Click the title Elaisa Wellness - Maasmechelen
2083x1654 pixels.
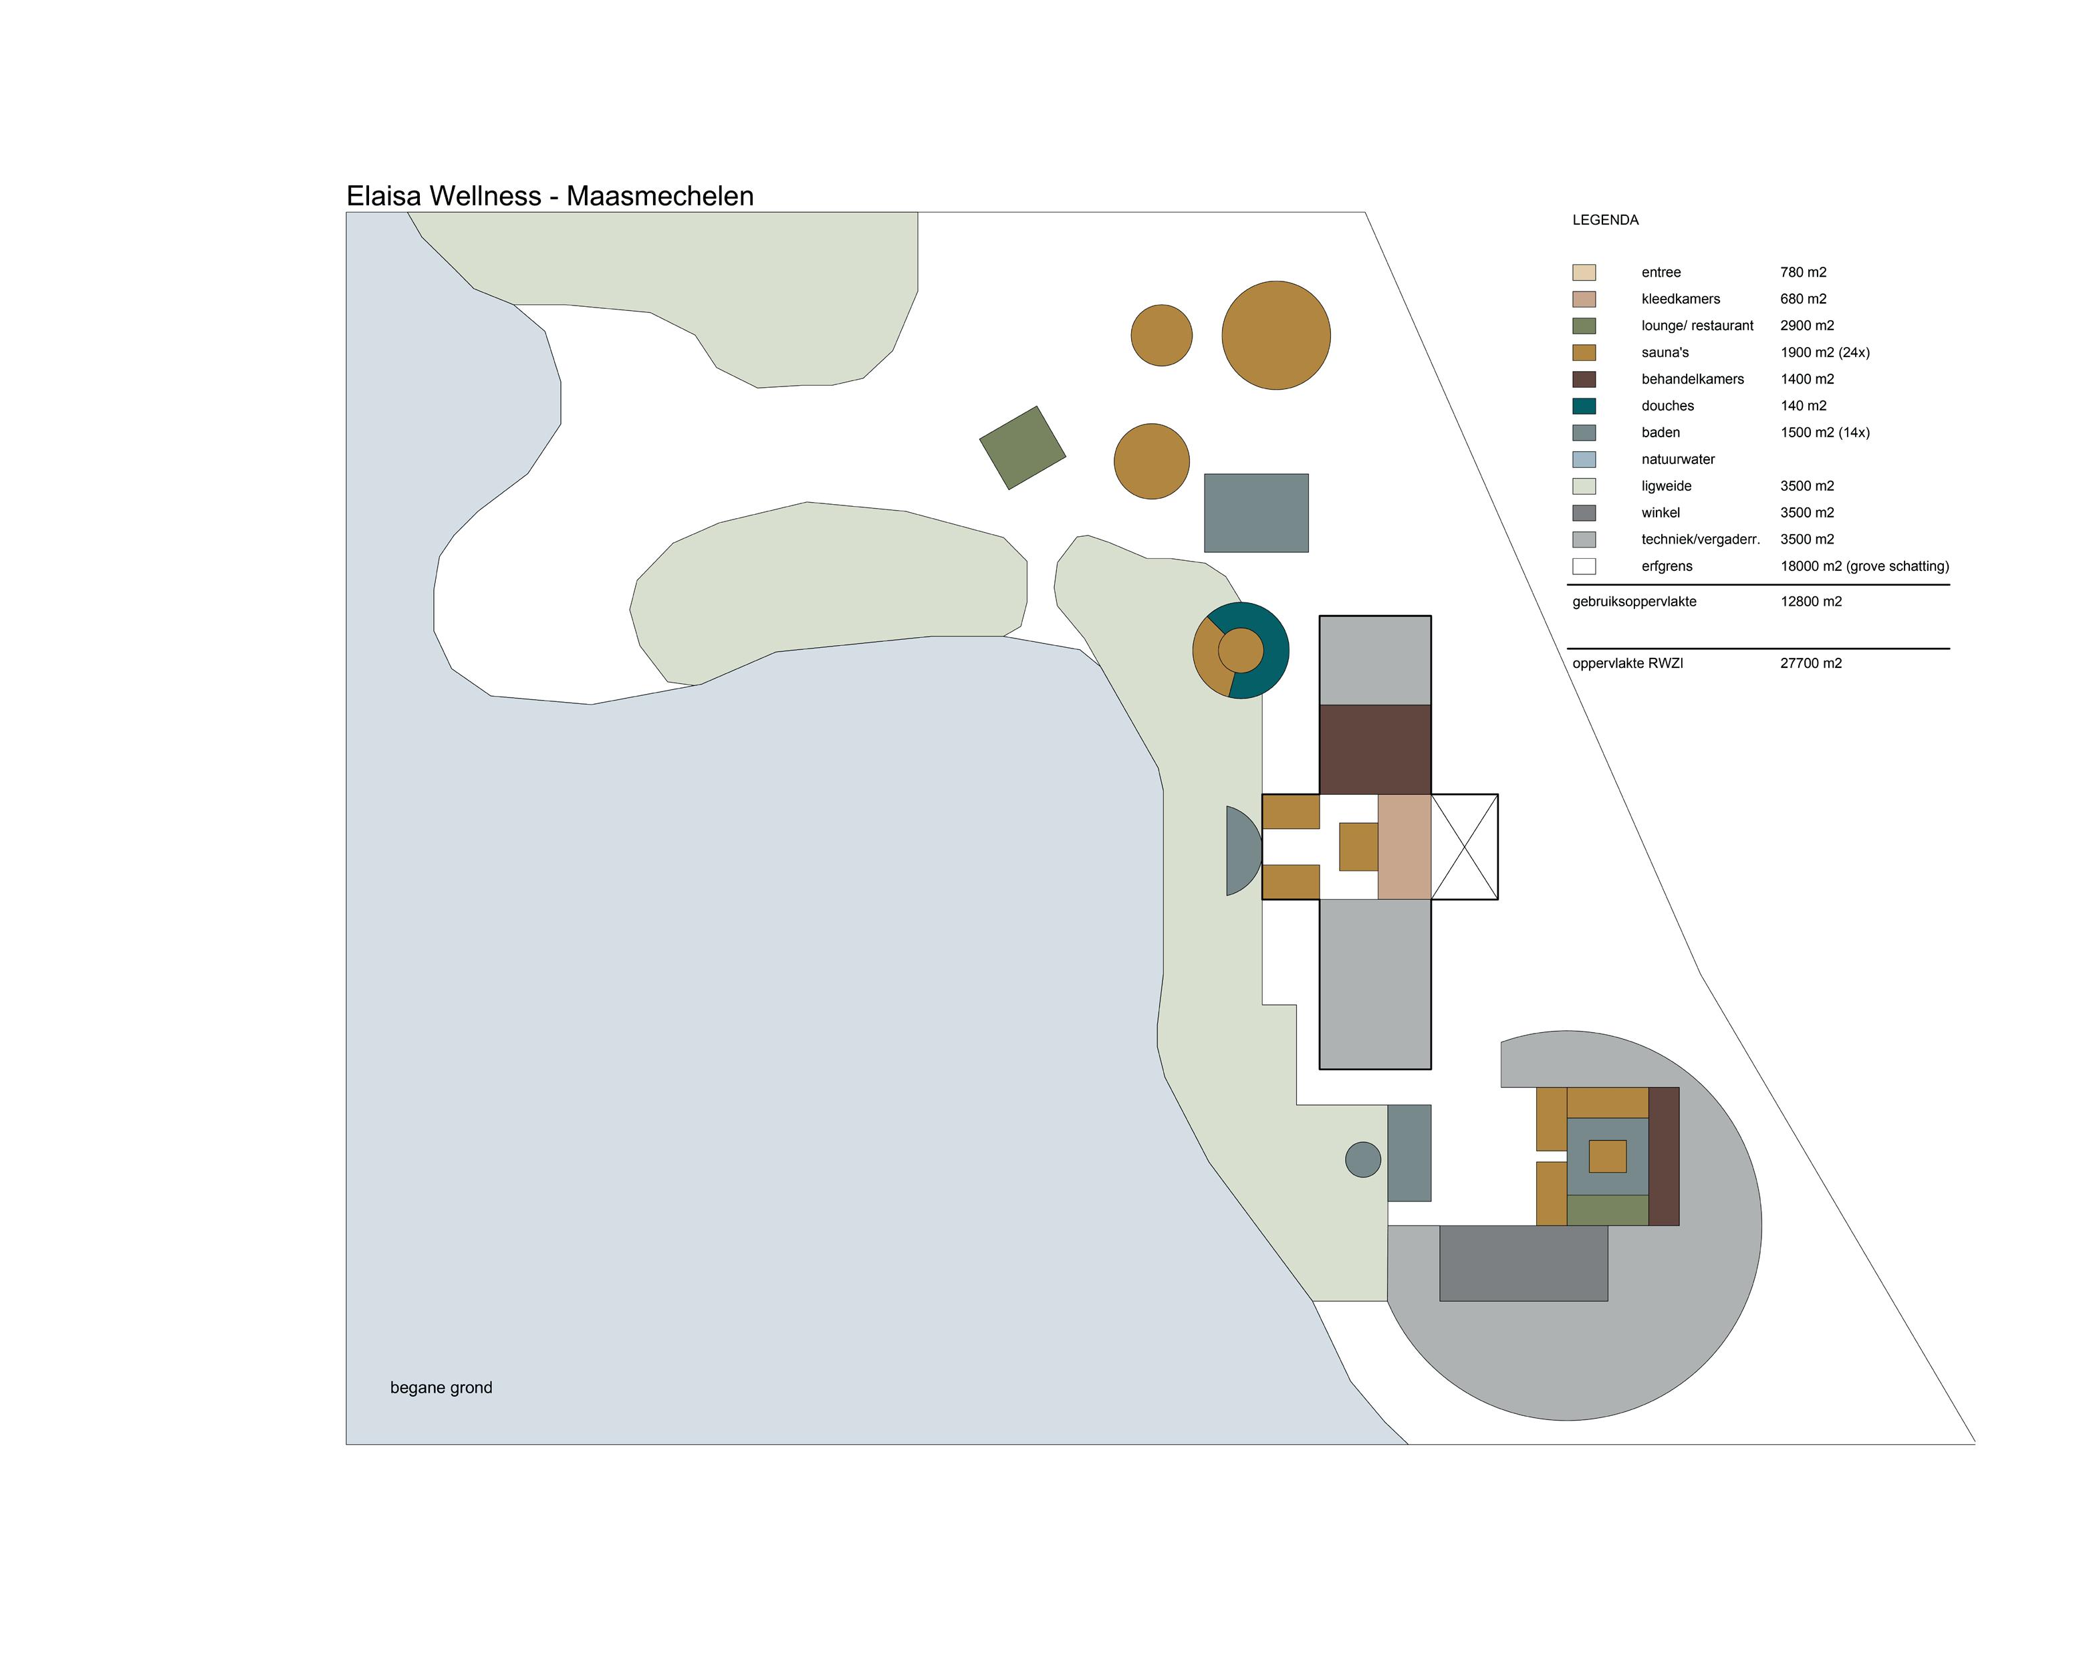pyautogui.click(x=549, y=196)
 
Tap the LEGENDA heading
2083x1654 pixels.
pyautogui.click(x=1605, y=220)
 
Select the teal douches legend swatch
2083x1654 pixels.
pyautogui.click(x=1584, y=406)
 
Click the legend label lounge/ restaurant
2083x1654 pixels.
pyautogui.click(x=1697, y=326)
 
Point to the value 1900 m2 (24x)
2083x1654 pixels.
pyautogui.click(x=1824, y=352)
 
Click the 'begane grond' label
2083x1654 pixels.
pyautogui.click(x=441, y=1387)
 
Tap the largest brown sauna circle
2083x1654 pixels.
pyautogui.click(x=1275, y=335)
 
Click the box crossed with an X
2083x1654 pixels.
pyautogui.click(x=1464, y=846)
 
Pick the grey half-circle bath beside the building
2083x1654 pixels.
pyautogui.click(x=1241, y=850)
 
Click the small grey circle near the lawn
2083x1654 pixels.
pyautogui.click(x=1362, y=1159)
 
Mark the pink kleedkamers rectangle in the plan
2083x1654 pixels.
pyautogui.click(x=1403, y=846)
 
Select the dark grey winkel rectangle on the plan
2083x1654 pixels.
pyautogui.click(x=1523, y=1264)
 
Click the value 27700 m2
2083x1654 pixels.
pyautogui.click(x=1810, y=664)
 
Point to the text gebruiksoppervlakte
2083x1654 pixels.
pyautogui.click(x=1634, y=602)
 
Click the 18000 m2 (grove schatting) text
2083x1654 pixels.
pyautogui.click(x=1864, y=566)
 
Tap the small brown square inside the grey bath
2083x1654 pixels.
pyautogui.click(x=1606, y=1157)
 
